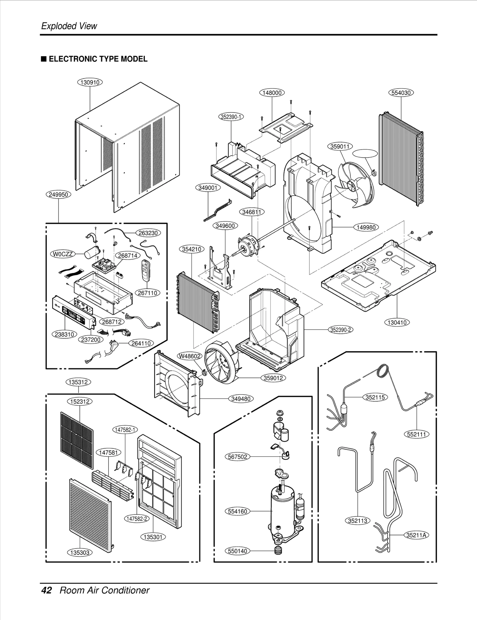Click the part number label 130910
[90, 82]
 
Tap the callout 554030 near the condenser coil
[401, 93]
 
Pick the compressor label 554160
[237, 511]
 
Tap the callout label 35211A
[416, 535]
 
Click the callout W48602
[190, 356]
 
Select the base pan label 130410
[397, 322]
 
